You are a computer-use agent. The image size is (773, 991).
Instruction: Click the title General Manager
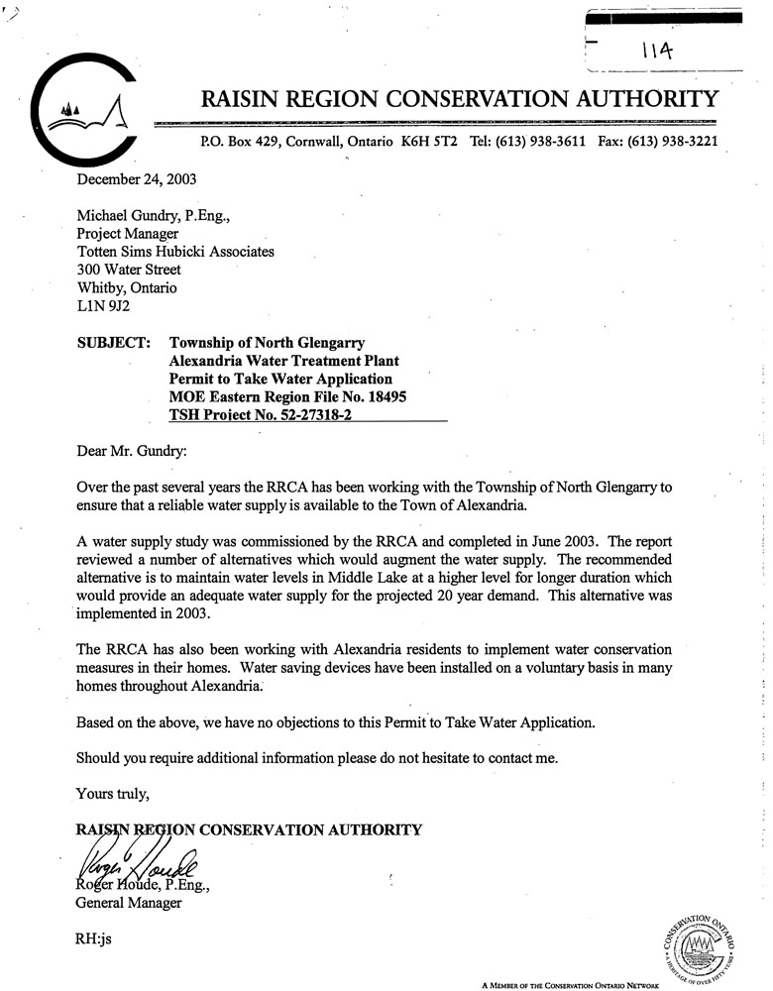pos(129,903)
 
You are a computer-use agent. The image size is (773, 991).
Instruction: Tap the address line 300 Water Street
pos(129,270)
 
